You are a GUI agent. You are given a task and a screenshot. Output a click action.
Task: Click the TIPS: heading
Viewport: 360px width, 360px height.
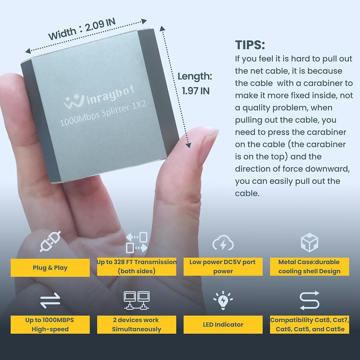(250, 45)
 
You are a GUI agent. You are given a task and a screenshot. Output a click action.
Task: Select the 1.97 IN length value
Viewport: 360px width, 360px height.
(195, 91)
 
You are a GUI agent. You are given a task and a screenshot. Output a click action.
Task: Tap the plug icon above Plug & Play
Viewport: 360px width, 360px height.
(50, 241)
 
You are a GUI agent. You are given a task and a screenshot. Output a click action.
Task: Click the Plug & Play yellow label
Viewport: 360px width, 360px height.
(50, 267)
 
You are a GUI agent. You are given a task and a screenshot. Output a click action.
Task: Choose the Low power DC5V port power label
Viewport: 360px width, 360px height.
(223, 266)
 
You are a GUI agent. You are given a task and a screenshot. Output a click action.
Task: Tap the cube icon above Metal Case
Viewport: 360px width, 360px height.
(310, 242)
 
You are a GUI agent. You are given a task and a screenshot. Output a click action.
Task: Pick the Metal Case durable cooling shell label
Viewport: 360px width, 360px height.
(310, 266)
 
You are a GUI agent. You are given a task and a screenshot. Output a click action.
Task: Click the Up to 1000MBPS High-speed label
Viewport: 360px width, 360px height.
(50, 324)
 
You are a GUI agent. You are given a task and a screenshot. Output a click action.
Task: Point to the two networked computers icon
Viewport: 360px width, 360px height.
(136, 300)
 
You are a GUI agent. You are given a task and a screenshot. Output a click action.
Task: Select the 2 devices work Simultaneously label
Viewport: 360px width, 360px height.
(136, 324)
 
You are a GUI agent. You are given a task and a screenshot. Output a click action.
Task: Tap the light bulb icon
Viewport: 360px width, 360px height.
(223, 300)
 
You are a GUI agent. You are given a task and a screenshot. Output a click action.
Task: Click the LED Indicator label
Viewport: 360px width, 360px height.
(223, 324)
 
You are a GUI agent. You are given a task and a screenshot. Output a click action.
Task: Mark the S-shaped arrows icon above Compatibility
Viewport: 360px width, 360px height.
(310, 300)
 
